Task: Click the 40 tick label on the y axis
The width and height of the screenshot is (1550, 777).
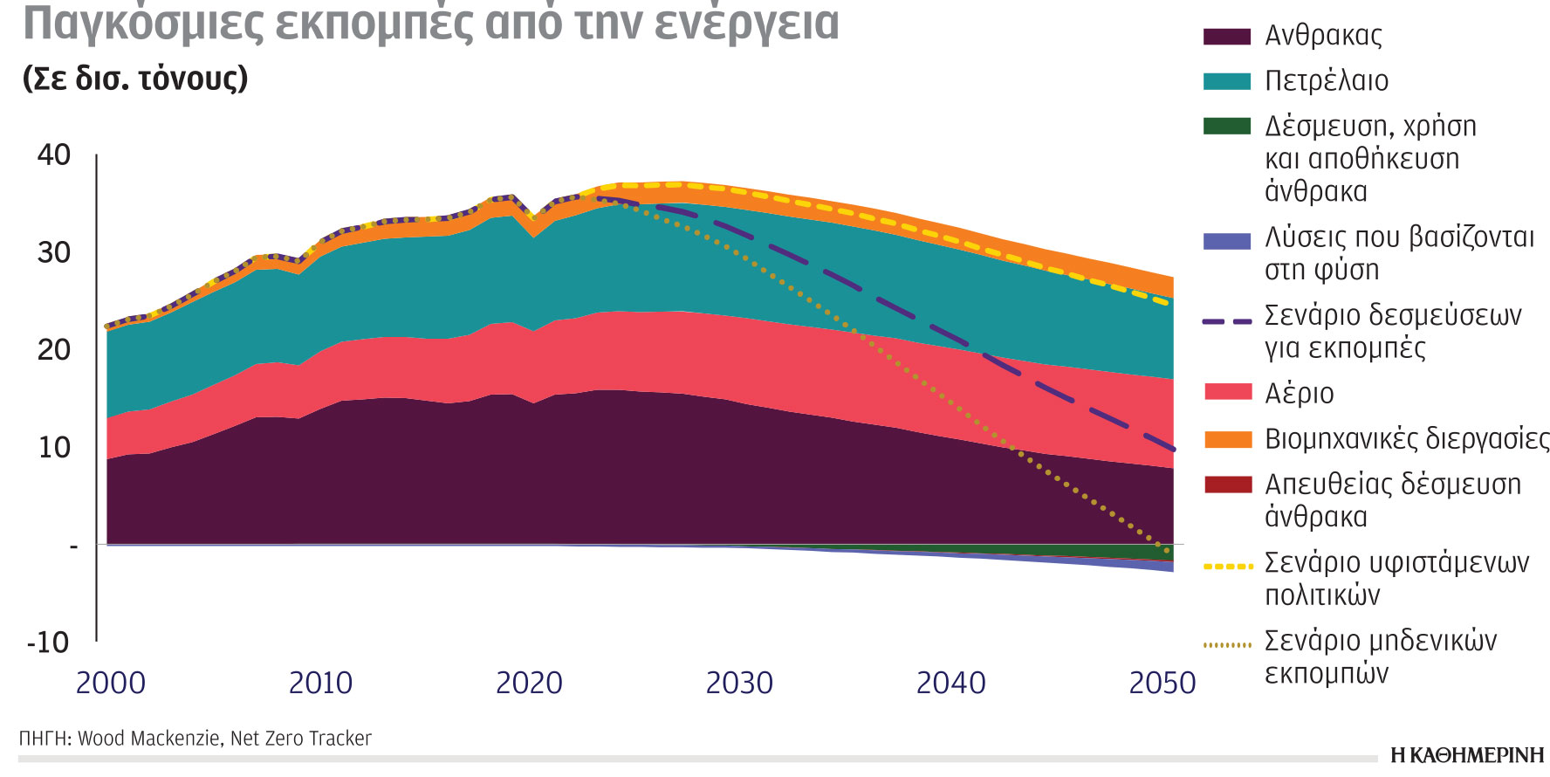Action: click(53, 155)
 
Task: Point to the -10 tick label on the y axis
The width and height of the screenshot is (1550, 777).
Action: click(48, 643)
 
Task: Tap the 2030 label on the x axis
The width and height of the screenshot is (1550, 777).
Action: click(739, 683)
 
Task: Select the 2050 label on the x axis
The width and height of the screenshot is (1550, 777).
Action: click(1162, 683)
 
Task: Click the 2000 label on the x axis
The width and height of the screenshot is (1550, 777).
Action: click(111, 683)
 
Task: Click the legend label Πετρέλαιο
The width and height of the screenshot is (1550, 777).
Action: click(1326, 81)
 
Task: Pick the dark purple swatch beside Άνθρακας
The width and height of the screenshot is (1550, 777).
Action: click(1227, 37)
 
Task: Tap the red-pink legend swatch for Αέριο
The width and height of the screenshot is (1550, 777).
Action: click(1227, 392)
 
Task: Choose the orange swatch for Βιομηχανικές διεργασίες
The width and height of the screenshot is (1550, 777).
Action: click(1227, 439)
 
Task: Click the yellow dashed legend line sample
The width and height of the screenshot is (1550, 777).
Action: click(1227, 567)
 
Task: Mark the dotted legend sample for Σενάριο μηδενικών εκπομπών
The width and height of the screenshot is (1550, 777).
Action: click(1227, 645)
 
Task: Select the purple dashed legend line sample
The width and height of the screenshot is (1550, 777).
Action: click(1227, 321)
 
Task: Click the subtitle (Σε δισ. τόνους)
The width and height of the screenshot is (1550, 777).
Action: click(135, 79)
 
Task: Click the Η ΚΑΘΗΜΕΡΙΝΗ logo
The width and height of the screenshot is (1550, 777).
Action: click(1467, 755)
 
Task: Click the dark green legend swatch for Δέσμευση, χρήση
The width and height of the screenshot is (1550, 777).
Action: click(1227, 127)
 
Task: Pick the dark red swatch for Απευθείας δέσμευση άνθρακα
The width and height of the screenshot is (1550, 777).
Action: click(1227, 485)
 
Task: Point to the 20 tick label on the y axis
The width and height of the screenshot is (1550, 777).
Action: click(53, 350)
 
